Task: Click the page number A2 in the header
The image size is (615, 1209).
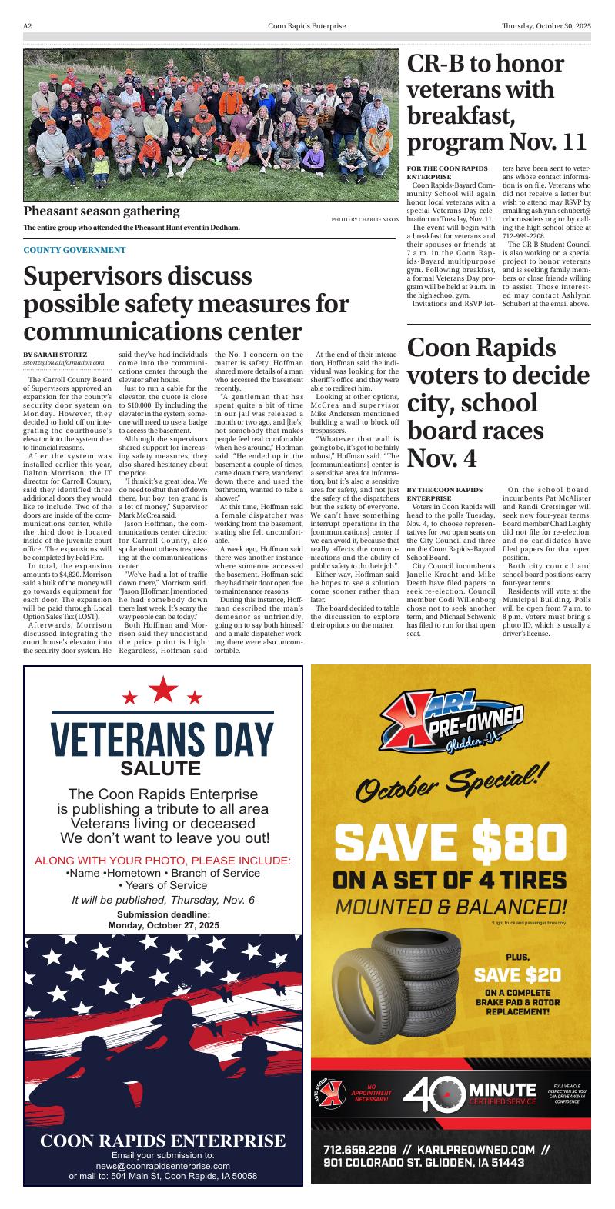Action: (x=27, y=26)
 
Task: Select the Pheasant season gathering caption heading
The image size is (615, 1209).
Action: (x=101, y=211)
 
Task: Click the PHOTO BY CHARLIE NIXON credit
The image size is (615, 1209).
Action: (x=366, y=220)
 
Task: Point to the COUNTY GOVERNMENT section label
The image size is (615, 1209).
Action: (x=74, y=250)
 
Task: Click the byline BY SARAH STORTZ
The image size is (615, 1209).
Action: (x=55, y=354)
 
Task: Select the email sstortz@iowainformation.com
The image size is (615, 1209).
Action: (x=63, y=362)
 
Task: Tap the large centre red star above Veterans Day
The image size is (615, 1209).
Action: (x=162, y=689)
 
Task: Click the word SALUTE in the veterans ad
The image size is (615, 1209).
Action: (x=161, y=768)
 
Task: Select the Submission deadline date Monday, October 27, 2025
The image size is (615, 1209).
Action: (x=163, y=925)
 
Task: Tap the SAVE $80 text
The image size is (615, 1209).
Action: (x=450, y=842)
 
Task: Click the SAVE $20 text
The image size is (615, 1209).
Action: (x=517, y=975)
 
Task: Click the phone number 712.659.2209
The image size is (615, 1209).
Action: (x=359, y=1150)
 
